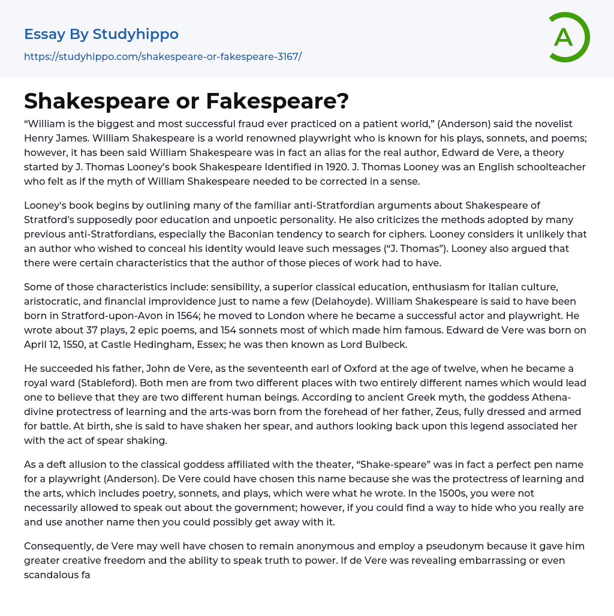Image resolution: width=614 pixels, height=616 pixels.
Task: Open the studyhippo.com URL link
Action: coord(162,57)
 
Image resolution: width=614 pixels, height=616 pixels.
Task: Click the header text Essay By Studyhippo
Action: coord(101,34)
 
